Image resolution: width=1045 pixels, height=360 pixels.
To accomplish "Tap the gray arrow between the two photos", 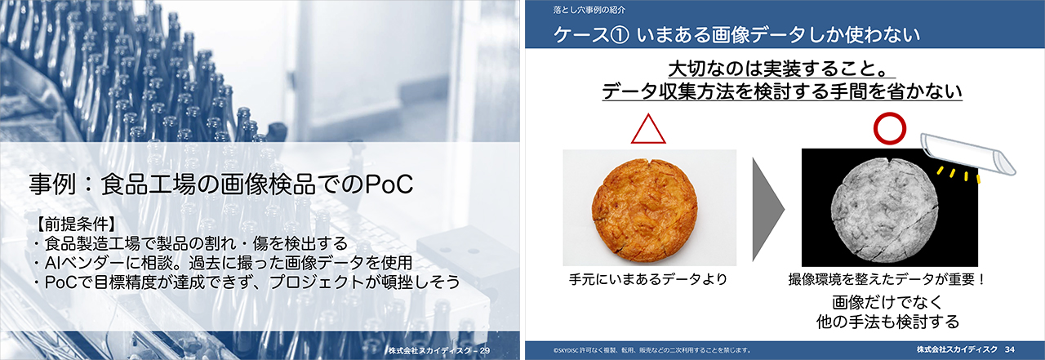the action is point(768,209).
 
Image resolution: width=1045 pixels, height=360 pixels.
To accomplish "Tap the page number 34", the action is point(1010,349).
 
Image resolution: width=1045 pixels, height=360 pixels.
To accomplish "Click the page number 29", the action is point(485,351).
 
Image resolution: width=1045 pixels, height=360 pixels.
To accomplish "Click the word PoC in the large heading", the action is point(389,184).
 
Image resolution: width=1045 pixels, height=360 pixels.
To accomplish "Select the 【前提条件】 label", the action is point(75,224).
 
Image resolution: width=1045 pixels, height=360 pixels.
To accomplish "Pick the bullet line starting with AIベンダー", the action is point(223,263).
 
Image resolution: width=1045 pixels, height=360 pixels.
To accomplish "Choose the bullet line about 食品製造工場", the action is point(190,243).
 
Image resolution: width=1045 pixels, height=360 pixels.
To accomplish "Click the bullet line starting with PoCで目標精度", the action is point(247,282).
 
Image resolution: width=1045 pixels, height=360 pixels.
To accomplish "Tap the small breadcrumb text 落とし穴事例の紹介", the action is point(589,10).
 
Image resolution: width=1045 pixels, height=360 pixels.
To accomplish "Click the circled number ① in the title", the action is point(619,35).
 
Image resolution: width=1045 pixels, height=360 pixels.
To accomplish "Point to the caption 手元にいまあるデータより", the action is point(648,279).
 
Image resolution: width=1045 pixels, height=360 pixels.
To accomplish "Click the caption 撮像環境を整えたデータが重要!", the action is point(886,279).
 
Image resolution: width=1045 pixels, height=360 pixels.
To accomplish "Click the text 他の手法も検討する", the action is point(887,322).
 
